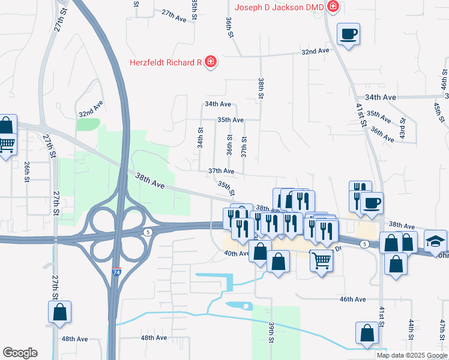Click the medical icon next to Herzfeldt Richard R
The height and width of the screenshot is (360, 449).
click(x=210, y=61)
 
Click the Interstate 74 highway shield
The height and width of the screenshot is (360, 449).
click(x=116, y=271)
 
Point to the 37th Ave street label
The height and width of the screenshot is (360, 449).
click(x=221, y=171)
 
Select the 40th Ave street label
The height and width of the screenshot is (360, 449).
click(x=236, y=253)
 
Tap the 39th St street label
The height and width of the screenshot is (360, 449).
click(x=271, y=332)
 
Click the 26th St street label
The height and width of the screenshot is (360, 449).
click(x=27, y=171)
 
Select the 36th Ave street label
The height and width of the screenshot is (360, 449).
click(x=382, y=133)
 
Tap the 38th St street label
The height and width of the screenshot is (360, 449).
click(x=261, y=88)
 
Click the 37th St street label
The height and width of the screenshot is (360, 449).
click(x=244, y=146)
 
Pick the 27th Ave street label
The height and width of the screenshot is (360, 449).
click(x=174, y=16)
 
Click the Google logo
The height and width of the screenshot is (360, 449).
click(x=20, y=353)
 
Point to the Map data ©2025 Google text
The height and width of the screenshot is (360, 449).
click(x=412, y=355)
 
